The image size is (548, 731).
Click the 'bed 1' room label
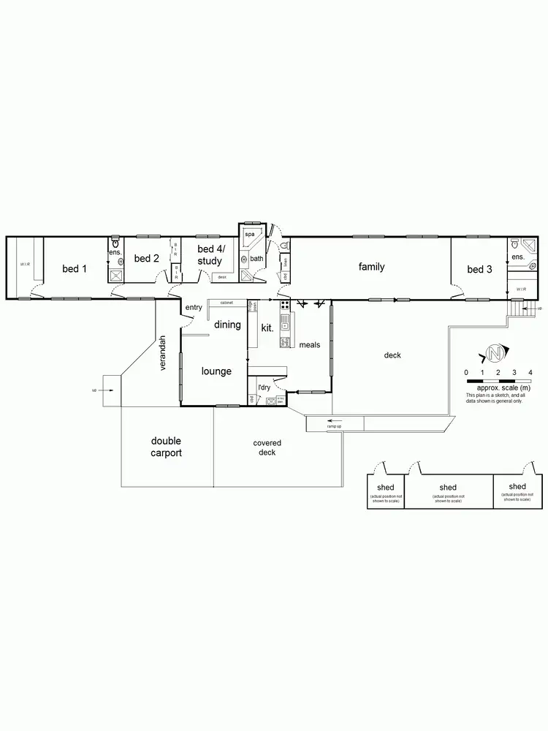pyautogui.click(x=75, y=269)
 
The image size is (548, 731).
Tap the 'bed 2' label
pyautogui.click(x=147, y=258)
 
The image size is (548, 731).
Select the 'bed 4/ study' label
pyautogui.click(x=210, y=255)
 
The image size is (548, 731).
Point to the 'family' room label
pyautogui.click(x=371, y=267)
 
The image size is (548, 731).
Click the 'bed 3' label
pyautogui.click(x=479, y=270)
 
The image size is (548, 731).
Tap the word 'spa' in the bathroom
pyautogui.click(x=248, y=234)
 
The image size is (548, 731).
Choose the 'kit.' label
pyautogui.click(x=267, y=328)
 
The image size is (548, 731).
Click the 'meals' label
pyautogui.click(x=309, y=344)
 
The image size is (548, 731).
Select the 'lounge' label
pyautogui.click(x=216, y=371)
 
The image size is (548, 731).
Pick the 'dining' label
pyautogui.click(x=227, y=325)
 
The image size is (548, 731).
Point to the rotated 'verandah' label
pyautogui.click(x=164, y=353)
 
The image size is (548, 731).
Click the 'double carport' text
pyautogui.click(x=167, y=447)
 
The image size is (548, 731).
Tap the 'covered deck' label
pyautogui.click(x=267, y=447)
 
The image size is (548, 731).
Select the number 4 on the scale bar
pyautogui.click(x=530, y=373)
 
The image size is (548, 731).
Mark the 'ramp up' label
pyautogui.click(x=335, y=427)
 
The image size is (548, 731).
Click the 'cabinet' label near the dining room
pyautogui.click(x=226, y=302)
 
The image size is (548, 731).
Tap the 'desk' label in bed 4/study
pyautogui.click(x=222, y=277)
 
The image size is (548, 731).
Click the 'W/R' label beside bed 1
pyautogui.click(x=24, y=264)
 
